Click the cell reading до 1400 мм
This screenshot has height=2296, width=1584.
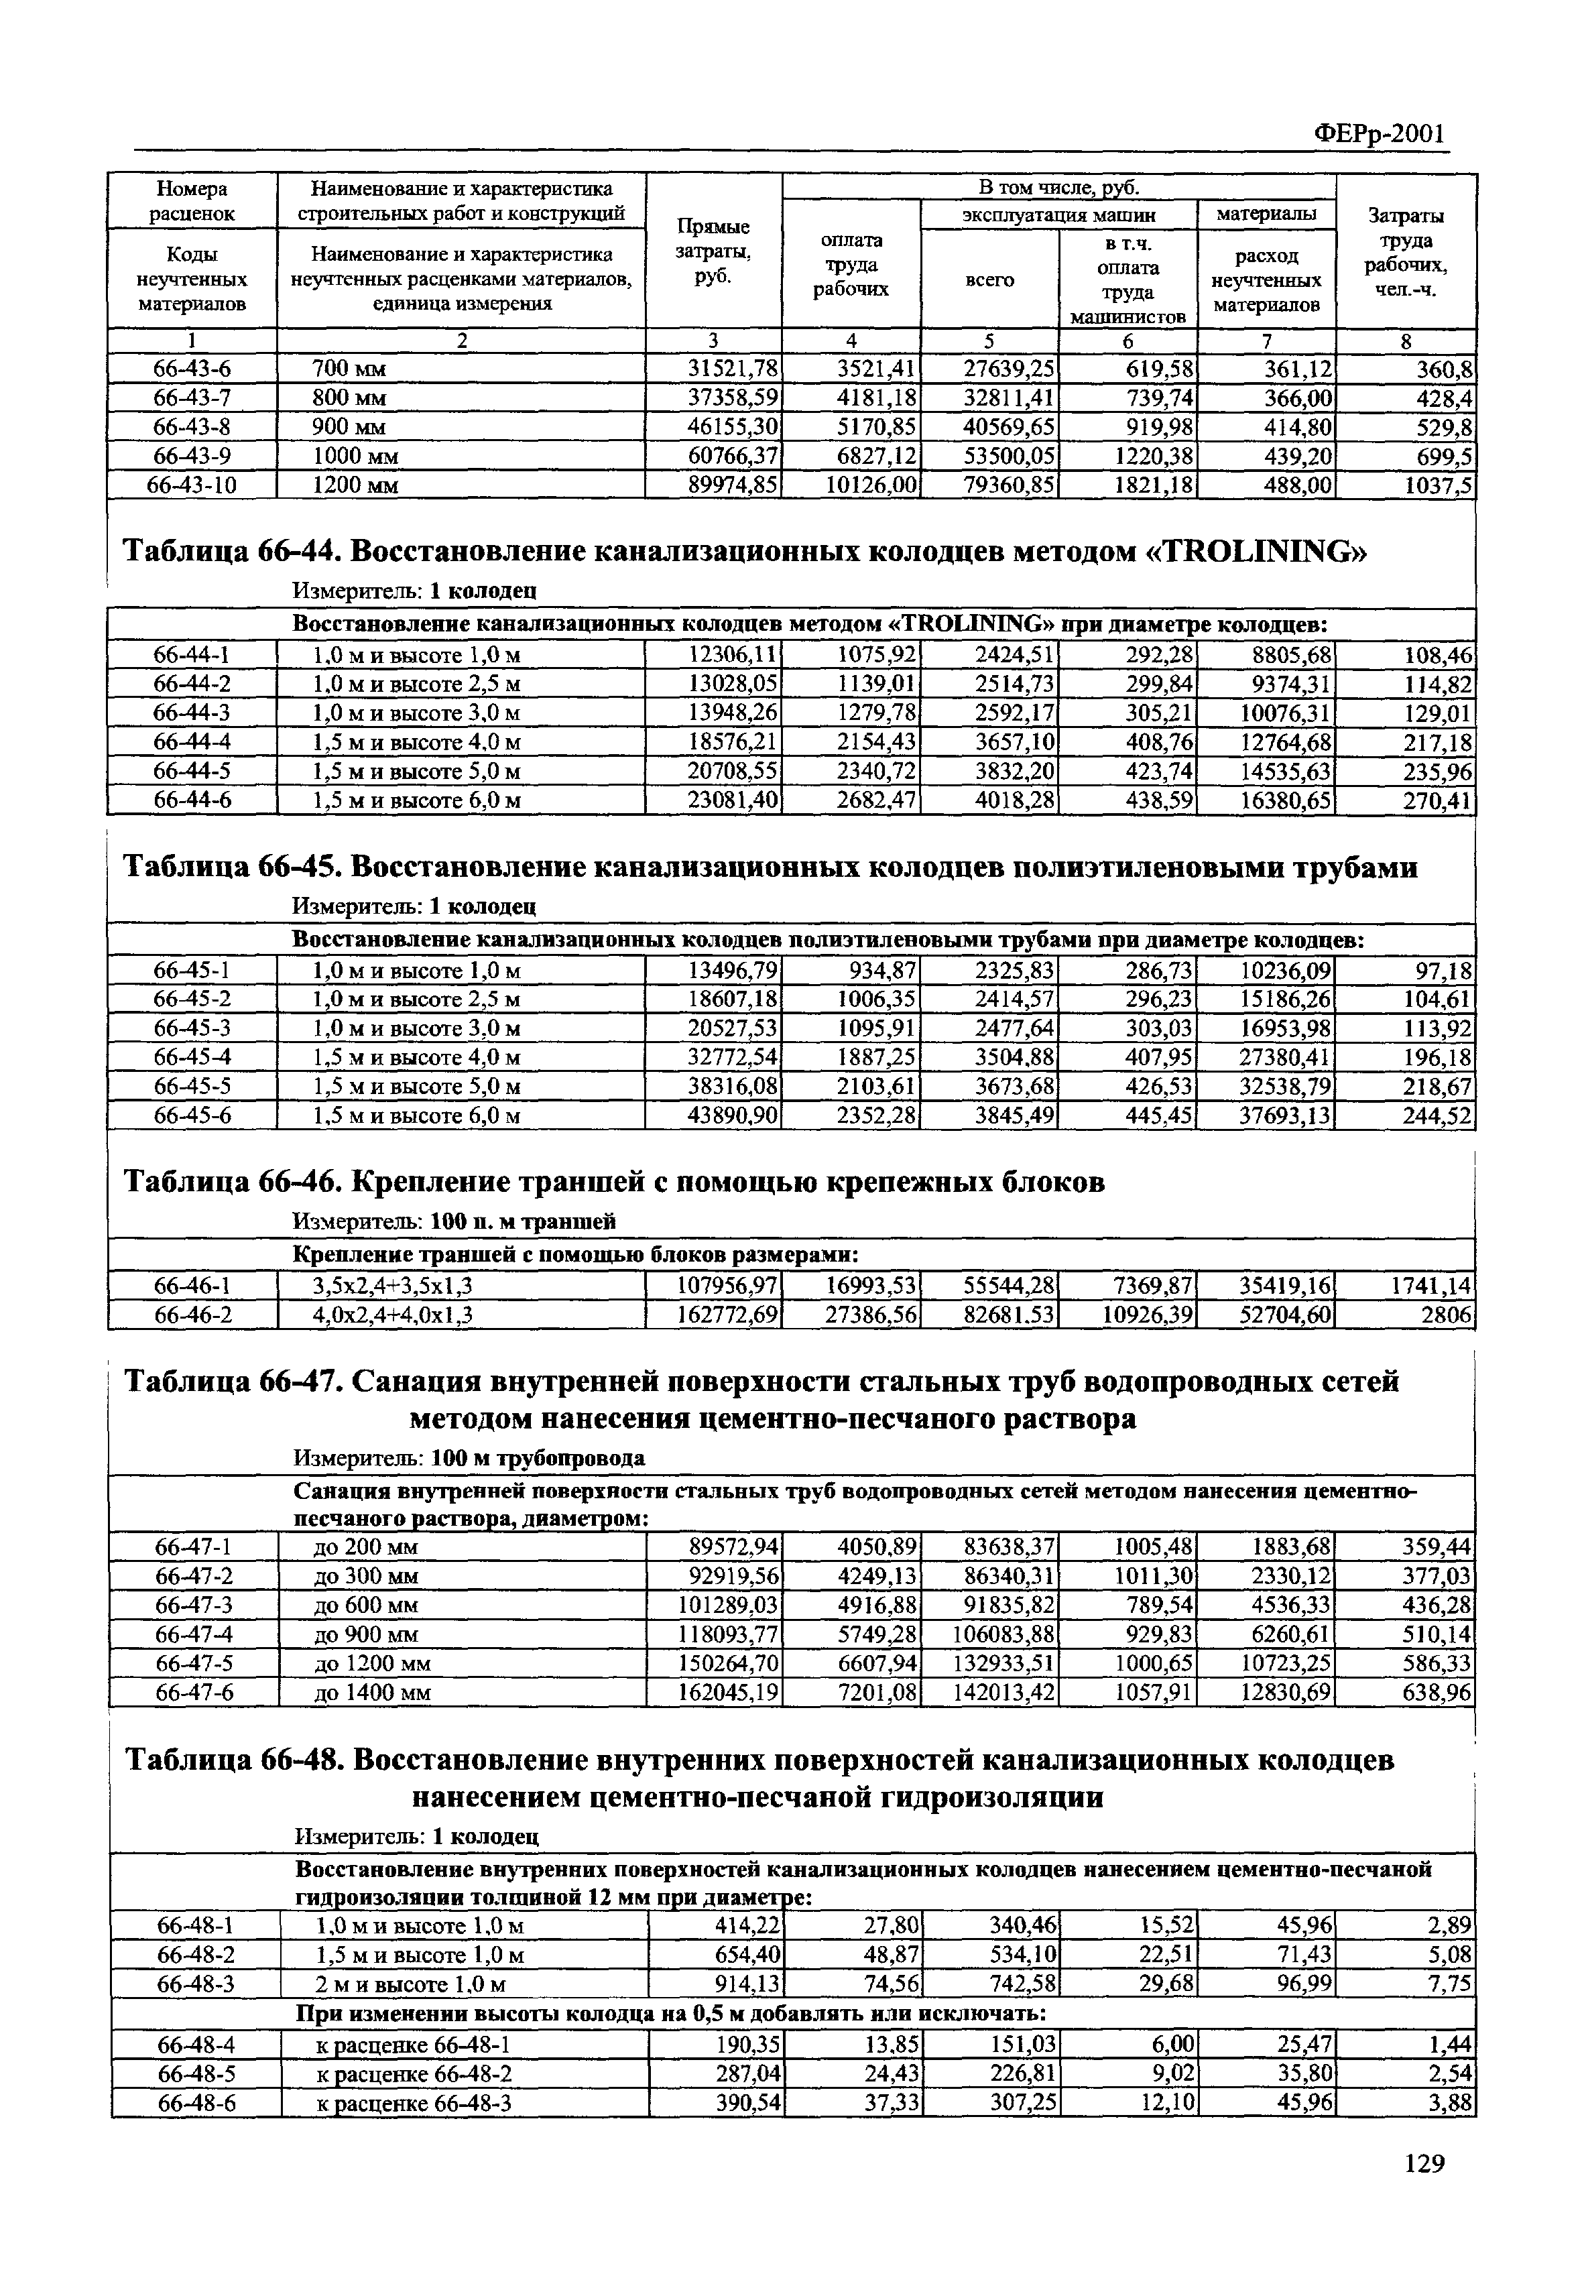[372, 1692]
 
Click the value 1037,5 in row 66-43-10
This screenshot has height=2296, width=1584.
[1439, 485]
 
